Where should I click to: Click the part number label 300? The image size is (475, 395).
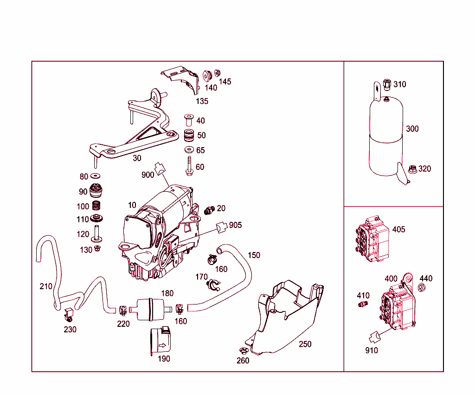click(x=412, y=129)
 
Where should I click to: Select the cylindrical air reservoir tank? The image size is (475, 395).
click(x=386, y=137)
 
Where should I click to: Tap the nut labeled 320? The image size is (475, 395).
click(x=411, y=168)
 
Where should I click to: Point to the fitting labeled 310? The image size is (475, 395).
click(x=386, y=84)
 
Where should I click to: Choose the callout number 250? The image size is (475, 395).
click(x=305, y=344)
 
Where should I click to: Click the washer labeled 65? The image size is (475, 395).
click(x=189, y=150)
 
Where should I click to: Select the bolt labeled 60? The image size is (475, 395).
click(x=189, y=166)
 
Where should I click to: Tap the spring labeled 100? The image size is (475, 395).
click(x=96, y=206)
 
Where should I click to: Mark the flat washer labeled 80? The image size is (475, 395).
click(x=96, y=176)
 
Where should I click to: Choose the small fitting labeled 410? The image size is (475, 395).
click(x=363, y=304)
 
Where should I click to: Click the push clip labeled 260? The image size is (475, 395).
click(x=243, y=351)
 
